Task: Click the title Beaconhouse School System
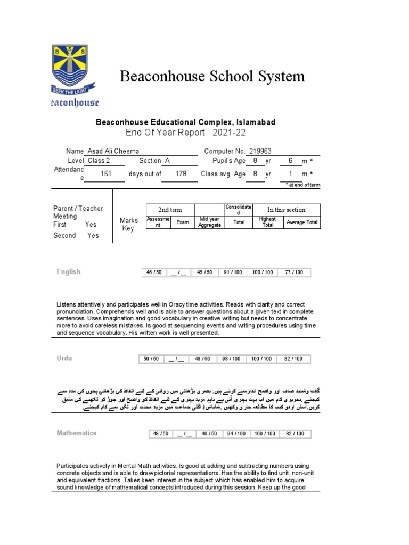coord(212,76)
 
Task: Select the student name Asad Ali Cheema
coord(113,151)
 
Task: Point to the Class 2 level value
coord(99,161)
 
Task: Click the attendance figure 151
coord(105,174)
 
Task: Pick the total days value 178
coord(181,174)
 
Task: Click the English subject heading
coord(69,272)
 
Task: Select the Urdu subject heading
coord(64,358)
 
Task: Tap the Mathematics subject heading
coord(77,433)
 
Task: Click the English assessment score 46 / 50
coord(154,272)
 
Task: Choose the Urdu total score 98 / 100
coord(232,359)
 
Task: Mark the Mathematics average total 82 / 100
coord(294,434)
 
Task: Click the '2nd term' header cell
coord(170,210)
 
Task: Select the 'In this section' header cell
coord(287,210)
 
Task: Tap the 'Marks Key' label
coord(128,224)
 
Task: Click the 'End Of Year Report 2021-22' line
coord(186,133)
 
